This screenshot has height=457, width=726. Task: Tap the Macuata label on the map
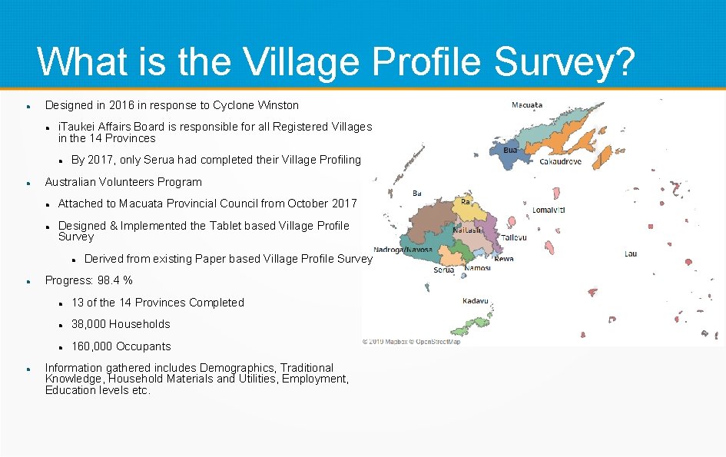click(527, 105)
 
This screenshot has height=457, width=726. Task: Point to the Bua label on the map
click(510, 151)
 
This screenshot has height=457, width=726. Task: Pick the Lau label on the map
click(630, 253)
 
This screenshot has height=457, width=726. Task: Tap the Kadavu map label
click(476, 301)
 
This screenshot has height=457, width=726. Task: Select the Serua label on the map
click(443, 270)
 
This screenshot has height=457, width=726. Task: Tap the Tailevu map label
click(515, 237)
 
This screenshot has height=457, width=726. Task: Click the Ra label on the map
click(466, 201)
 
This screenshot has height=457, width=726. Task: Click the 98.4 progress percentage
click(109, 280)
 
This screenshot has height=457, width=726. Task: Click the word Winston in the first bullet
click(278, 105)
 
